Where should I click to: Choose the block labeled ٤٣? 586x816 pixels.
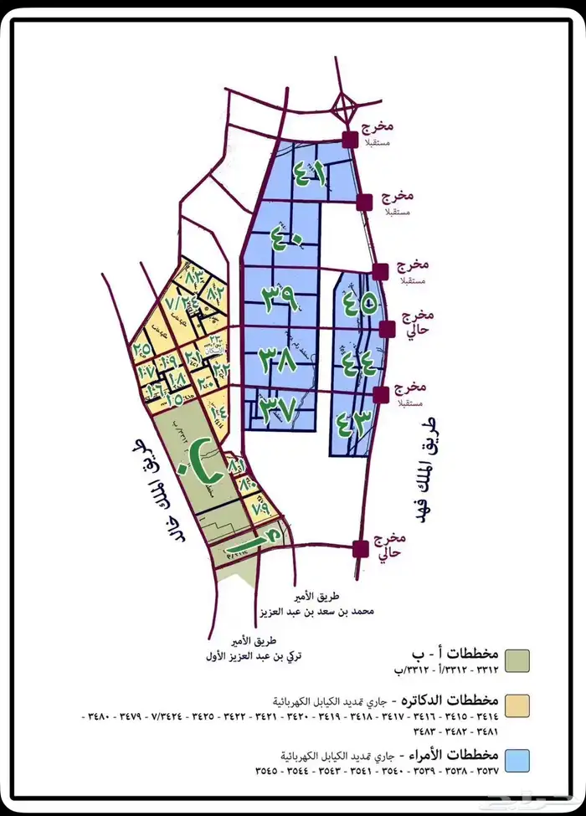pos(352,421)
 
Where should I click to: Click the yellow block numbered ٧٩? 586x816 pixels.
pos(260,507)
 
